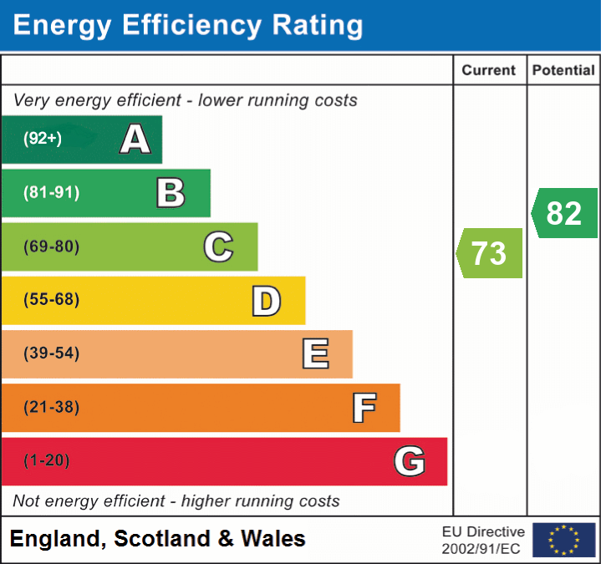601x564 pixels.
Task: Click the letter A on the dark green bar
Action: pyautogui.click(x=135, y=140)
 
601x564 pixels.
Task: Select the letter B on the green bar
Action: pyautogui.click(x=171, y=193)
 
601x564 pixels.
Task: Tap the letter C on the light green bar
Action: pyautogui.click(x=218, y=246)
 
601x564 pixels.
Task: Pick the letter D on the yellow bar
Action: pyautogui.click(x=266, y=301)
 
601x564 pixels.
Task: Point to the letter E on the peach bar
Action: pyautogui.click(x=314, y=354)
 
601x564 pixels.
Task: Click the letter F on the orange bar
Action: pyautogui.click(x=363, y=408)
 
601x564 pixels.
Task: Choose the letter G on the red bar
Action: pyautogui.click(x=410, y=461)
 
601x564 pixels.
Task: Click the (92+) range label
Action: pyautogui.click(x=43, y=139)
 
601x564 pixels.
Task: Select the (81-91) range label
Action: pyautogui.click(x=51, y=193)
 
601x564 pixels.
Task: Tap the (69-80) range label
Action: pyautogui.click(x=51, y=246)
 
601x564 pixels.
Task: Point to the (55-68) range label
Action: pyautogui.click(x=51, y=300)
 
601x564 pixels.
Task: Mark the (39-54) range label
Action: pyautogui.click(x=51, y=353)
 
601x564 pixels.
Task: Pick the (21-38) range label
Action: pyautogui.click(x=51, y=407)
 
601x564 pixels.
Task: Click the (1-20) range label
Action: pyautogui.click(x=47, y=460)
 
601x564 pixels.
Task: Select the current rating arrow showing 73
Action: pyautogui.click(x=490, y=253)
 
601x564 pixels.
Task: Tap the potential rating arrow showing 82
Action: pyautogui.click(x=564, y=213)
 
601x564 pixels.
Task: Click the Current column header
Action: pyautogui.click(x=489, y=71)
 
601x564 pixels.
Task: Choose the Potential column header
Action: pyautogui.click(x=563, y=71)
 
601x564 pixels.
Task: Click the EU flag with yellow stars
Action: pyautogui.click(x=563, y=540)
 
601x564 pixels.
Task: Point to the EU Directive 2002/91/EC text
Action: pyautogui.click(x=483, y=540)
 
